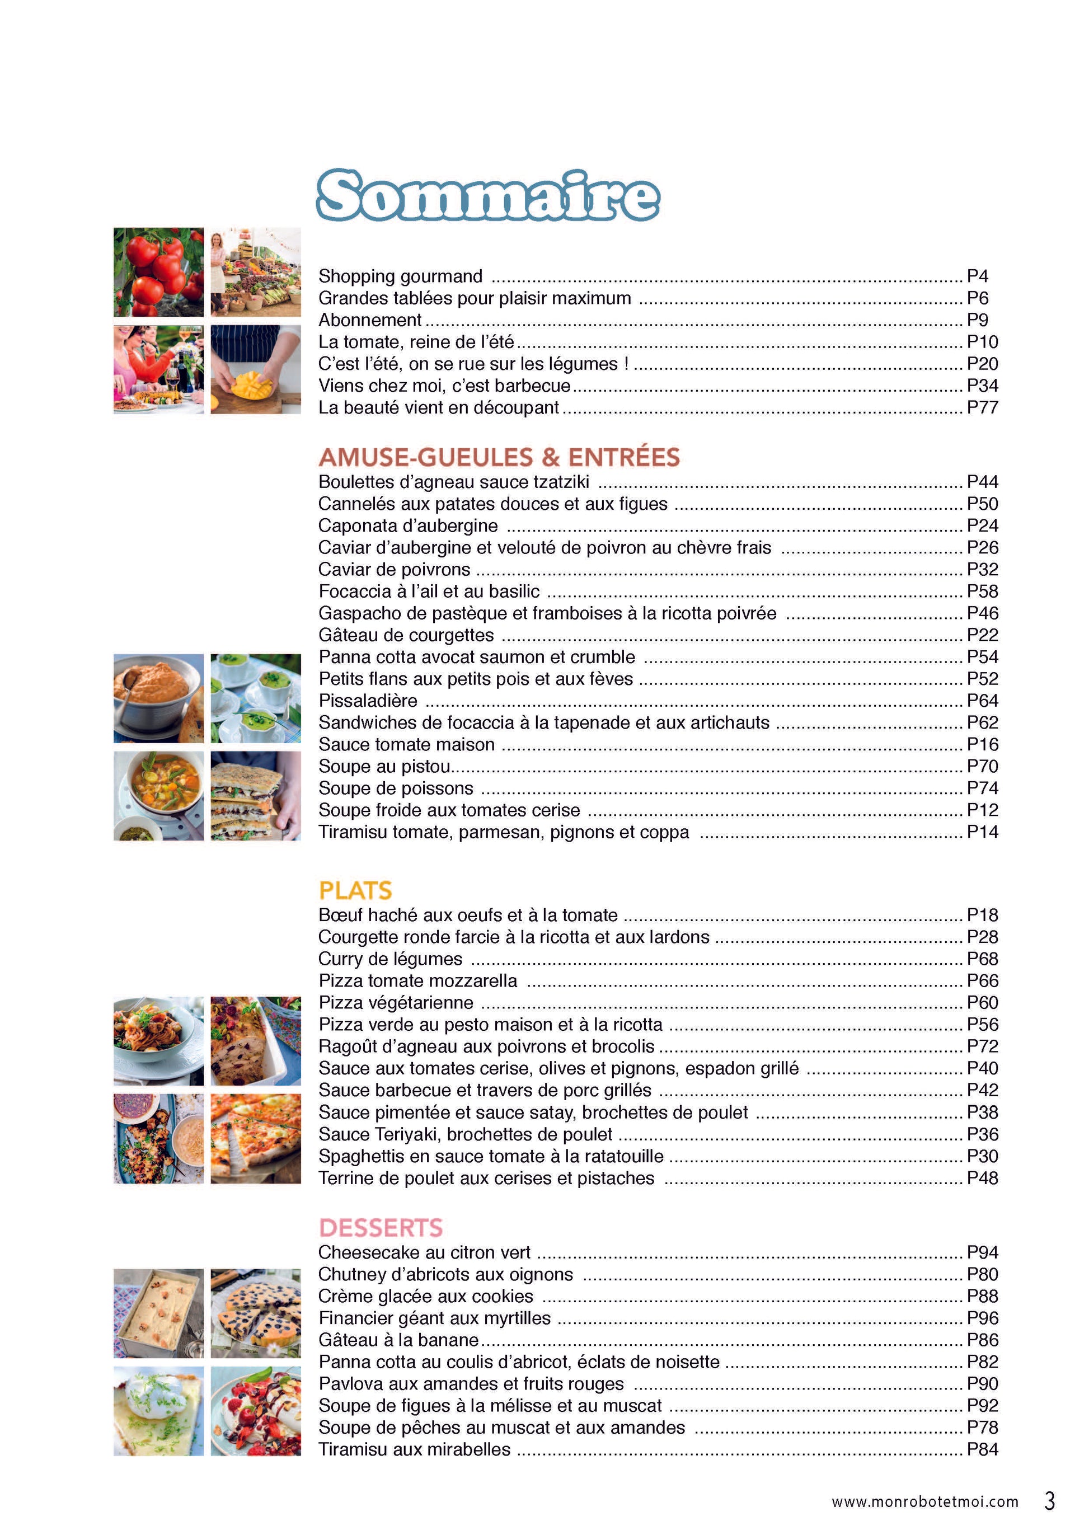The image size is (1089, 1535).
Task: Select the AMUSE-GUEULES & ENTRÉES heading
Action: click(499, 457)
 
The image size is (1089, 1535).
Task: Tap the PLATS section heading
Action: click(355, 890)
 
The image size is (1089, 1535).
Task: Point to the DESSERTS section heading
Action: click(380, 1227)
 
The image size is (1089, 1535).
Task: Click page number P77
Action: click(982, 408)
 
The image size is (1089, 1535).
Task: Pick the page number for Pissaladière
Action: click(982, 701)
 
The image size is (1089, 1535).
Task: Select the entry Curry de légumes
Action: click(390, 959)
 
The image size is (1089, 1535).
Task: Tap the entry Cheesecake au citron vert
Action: click(424, 1252)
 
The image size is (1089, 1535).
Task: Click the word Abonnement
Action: click(370, 320)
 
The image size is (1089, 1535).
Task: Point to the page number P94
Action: click(982, 1252)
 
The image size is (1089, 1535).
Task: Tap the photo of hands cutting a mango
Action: click(256, 369)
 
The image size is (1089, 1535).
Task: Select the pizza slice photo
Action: click(256, 1138)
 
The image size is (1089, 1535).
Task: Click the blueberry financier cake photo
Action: click(256, 1313)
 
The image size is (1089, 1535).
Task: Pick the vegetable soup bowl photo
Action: click(158, 795)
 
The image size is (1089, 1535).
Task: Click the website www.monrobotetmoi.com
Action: click(924, 1502)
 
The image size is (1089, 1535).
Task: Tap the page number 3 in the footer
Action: click(1049, 1501)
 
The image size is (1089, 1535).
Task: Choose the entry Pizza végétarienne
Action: click(396, 1003)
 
